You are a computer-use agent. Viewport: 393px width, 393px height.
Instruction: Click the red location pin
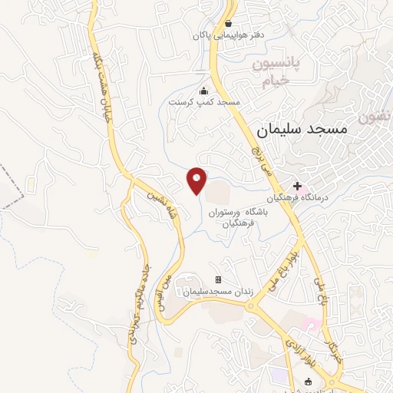(197, 180)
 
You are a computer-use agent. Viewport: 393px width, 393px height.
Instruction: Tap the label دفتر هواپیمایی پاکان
(228, 35)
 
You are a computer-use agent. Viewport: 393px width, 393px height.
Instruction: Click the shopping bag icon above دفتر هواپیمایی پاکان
(228, 22)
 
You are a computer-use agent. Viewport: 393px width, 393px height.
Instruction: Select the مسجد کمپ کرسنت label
(205, 101)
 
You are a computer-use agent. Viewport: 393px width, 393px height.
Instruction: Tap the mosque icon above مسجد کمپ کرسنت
(203, 89)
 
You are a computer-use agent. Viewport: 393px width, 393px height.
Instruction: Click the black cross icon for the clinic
(297, 186)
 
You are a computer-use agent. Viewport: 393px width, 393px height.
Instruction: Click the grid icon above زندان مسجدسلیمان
(218, 279)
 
